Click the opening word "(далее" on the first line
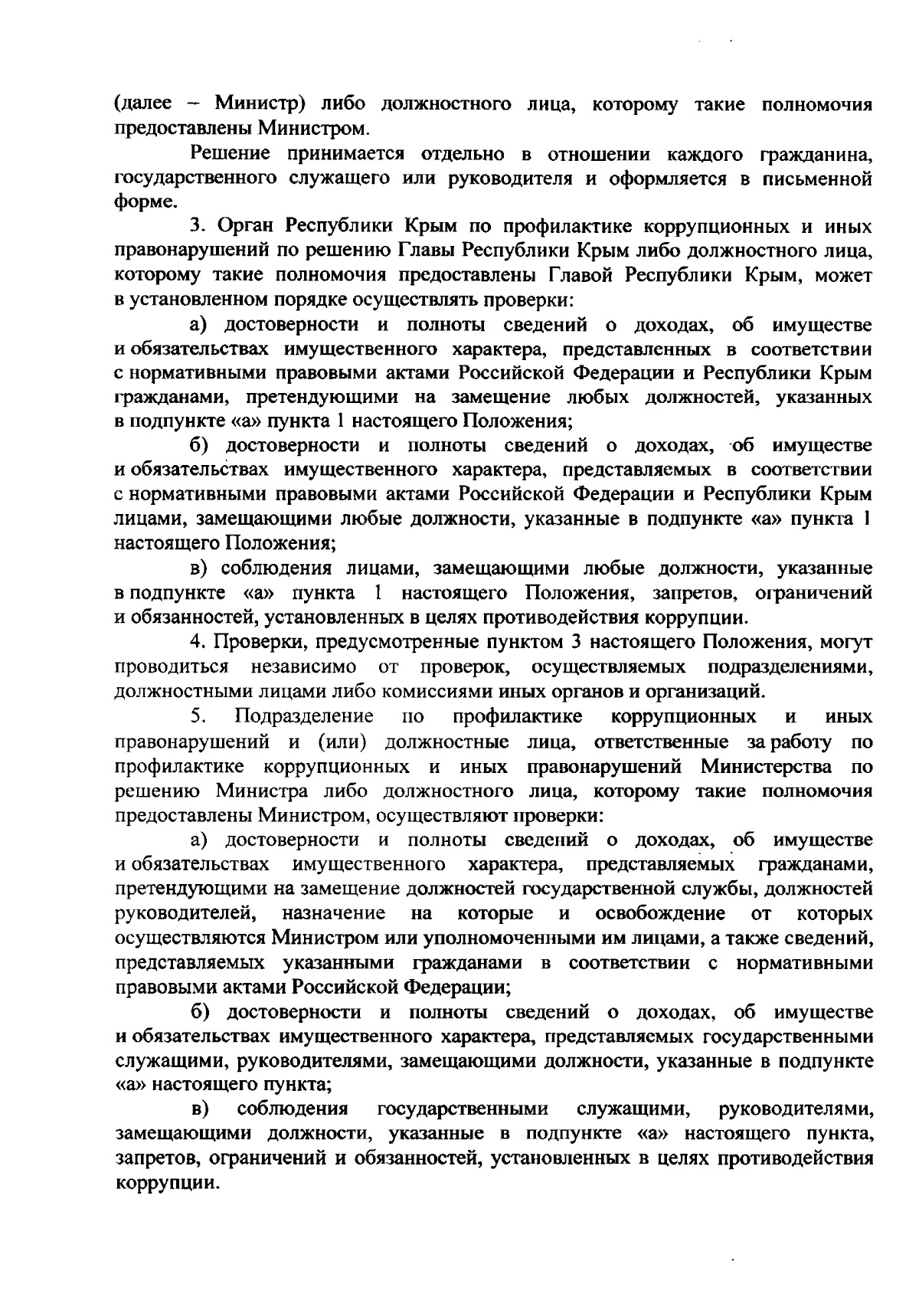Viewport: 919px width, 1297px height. pyautogui.click(x=137, y=104)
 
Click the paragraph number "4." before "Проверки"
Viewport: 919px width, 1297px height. pyautogui.click(x=200, y=640)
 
